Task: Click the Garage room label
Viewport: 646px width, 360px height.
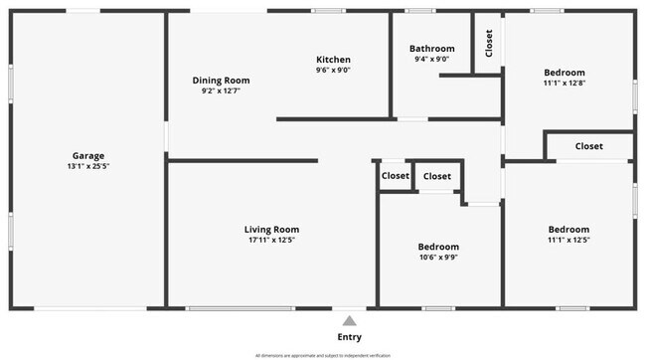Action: [87, 155]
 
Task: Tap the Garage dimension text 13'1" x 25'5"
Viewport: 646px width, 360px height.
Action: [87, 166]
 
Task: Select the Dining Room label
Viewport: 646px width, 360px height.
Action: [221, 80]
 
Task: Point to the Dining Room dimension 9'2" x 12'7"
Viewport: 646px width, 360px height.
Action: [221, 90]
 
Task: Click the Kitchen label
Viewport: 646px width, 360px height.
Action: [333, 59]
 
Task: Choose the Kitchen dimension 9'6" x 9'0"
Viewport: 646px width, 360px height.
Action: [333, 70]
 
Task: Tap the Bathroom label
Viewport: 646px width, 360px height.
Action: [431, 48]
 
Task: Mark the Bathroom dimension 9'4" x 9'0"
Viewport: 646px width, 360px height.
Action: [431, 59]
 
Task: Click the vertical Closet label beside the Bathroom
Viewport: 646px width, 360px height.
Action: [488, 43]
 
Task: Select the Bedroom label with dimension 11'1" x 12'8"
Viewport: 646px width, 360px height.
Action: [564, 72]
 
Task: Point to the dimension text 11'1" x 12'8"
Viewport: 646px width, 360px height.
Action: [564, 83]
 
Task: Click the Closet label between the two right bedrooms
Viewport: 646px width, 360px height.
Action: [588, 146]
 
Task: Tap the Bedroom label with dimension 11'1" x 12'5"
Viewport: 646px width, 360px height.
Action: [567, 229]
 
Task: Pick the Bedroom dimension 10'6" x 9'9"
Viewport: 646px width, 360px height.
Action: [437, 257]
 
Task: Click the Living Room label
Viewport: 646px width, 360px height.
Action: [271, 229]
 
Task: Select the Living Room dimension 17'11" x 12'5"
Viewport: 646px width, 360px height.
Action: [271, 240]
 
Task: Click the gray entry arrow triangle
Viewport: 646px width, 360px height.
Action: [349, 320]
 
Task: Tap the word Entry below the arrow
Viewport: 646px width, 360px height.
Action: [349, 337]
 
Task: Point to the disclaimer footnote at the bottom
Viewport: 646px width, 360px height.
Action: [323, 355]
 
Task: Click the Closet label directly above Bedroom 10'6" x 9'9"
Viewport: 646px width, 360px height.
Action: [436, 176]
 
